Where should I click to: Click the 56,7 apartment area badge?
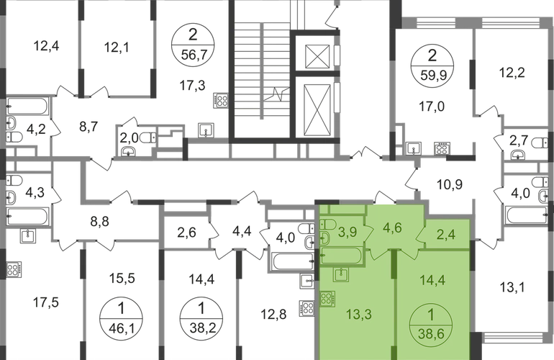coord(193,45)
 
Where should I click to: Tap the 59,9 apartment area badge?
coord(432,66)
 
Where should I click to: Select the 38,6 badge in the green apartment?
coord(431,324)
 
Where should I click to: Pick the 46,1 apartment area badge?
coord(121,318)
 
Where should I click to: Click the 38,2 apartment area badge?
coord(201,318)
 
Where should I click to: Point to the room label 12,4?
coord(46,46)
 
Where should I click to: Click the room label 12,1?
coord(117,47)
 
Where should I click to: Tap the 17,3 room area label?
coord(193,86)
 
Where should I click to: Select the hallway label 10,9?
coord(450,184)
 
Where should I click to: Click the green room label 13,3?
coord(359,314)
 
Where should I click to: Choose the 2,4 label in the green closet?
coord(446,235)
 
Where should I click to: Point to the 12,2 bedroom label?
coord(512,73)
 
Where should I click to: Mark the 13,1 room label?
coord(512,287)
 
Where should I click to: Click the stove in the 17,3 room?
coord(221,100)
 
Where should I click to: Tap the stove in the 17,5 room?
coord(14,269)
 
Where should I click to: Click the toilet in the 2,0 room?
coord(148,138)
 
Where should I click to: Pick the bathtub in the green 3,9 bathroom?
coord(341,256)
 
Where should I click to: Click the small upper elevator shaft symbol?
coord(317,56)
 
